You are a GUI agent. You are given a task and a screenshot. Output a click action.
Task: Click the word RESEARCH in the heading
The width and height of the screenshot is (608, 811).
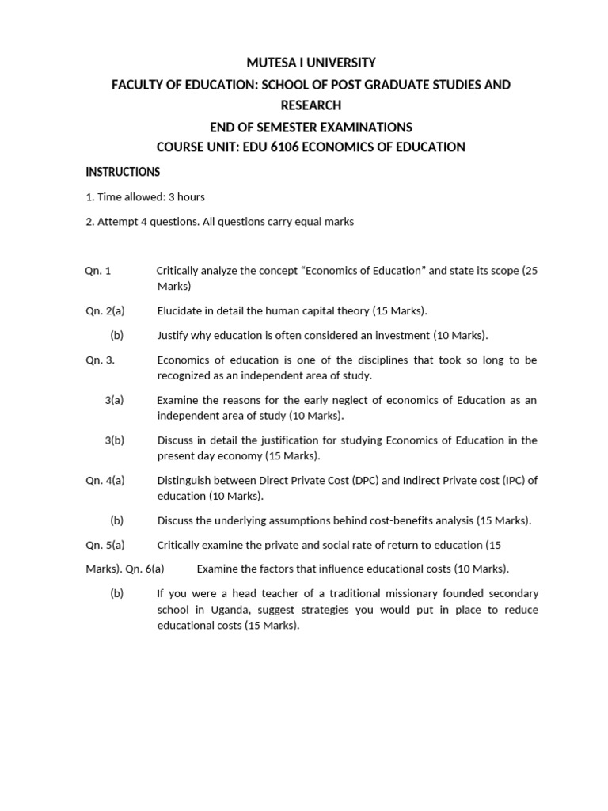(310, 105)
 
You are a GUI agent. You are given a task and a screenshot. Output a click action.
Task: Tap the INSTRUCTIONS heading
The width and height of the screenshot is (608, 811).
(123, 172)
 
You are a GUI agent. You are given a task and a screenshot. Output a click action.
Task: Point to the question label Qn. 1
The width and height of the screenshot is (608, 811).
(98, 271)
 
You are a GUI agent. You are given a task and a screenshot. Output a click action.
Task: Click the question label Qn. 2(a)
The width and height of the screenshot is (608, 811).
(105, 311)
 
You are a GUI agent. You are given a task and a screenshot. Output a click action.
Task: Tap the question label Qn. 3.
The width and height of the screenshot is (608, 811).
(101, 360)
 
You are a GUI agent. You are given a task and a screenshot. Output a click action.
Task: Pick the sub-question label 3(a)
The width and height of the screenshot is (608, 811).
(115, 400)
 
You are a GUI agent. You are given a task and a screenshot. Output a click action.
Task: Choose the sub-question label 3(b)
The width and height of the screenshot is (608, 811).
(115, 440)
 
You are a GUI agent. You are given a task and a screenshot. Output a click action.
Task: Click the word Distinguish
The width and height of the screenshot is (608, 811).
(186, 481)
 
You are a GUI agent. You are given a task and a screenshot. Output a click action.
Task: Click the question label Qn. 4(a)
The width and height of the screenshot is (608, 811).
(105, 481)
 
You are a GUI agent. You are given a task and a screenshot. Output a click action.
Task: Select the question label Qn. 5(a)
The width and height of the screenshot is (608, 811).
(105, 545)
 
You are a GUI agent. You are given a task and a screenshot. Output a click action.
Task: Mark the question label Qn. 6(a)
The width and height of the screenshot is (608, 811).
(145, 569)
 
